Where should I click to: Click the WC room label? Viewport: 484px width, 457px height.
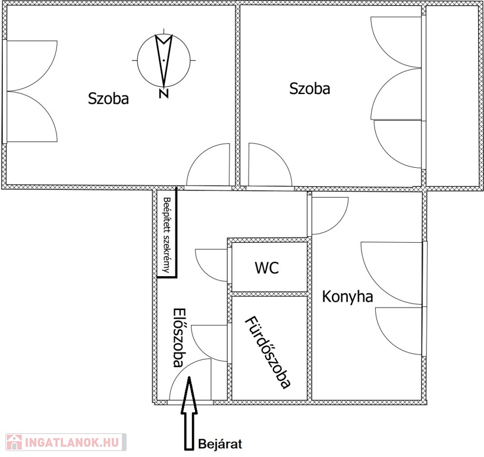(x=268, y=267)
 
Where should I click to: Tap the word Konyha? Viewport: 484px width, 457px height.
(x=348, y=296)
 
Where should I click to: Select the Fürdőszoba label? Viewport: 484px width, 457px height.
(x=268, y=352)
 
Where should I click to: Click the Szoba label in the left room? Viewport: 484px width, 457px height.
(x=108, y=98)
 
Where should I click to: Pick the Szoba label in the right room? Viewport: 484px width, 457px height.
(x=309, y=89)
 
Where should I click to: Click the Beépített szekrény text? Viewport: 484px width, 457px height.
(x=167, y=235)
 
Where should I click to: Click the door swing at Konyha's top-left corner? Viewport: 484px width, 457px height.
(x=328, y=214)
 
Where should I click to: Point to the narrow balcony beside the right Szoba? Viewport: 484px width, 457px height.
(x=452, y=96)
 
